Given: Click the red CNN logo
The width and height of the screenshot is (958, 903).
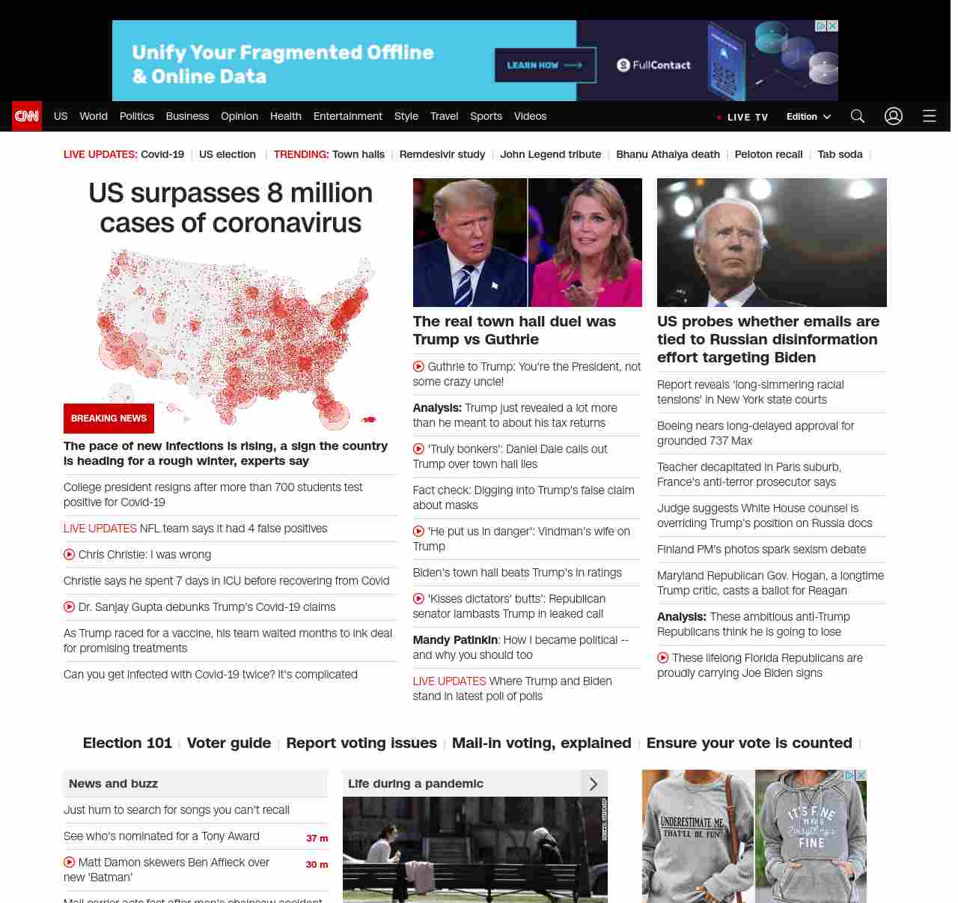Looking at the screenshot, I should pyautogui.click(x=27, y=116).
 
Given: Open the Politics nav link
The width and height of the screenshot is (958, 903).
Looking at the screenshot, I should pyautogui.click(x=136, y=116).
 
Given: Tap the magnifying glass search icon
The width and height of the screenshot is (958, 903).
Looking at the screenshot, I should pyautogui.click(x=857, y=116).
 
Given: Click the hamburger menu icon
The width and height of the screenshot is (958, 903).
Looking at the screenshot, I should pyautogui.click(x=929, y=116).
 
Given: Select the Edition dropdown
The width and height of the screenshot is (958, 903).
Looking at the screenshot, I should pyautogui.click(x=808, y=117).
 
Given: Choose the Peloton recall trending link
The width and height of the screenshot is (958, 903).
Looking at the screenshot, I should pyautogui.click(x=768, y=154).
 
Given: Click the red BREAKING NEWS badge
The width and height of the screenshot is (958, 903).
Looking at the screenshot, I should pyautogui.click(x=109, y=419).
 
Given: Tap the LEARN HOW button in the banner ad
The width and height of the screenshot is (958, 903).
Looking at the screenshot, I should pyautogui.click(x=545, y=65).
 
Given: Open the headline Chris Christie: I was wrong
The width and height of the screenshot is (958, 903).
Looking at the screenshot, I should pyautogui.click(x=144, y=555).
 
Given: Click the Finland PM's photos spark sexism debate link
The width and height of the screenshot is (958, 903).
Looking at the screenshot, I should pyautogui.click(x=761, y=550).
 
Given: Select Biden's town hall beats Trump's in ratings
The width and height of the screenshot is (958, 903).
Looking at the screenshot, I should pyautogui.click(x=516, y=573).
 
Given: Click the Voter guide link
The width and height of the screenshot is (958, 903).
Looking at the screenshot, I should pyautogui.click(x=228, y=743).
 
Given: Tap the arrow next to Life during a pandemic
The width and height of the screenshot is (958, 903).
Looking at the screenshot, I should pyautogui.click(x=594, y=784).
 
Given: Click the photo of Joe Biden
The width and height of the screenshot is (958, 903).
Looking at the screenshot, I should pyautogui.click(x=772, y=242).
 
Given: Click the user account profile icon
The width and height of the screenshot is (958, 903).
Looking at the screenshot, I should pyautogui.click(x=893, y=116).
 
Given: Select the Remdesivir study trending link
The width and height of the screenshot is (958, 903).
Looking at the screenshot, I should pyautogui.click(x=442, y=154).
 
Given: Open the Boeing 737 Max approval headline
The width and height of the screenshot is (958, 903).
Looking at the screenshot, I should pyautogui.click(x=755, y=434).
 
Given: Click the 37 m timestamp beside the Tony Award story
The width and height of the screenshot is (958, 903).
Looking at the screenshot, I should pyautogui.click(x=317, y=838).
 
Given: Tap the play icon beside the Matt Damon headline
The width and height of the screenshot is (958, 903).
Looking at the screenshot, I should pyautogui.click(x=70, y=863).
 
